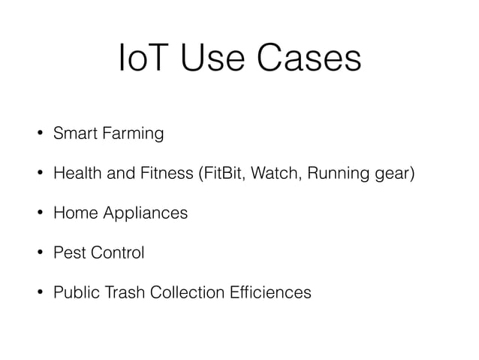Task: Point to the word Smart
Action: tap(69, 135)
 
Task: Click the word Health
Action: tap(73, 175)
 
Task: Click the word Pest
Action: tap(67, 253)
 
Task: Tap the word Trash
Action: tap(121, 292)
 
